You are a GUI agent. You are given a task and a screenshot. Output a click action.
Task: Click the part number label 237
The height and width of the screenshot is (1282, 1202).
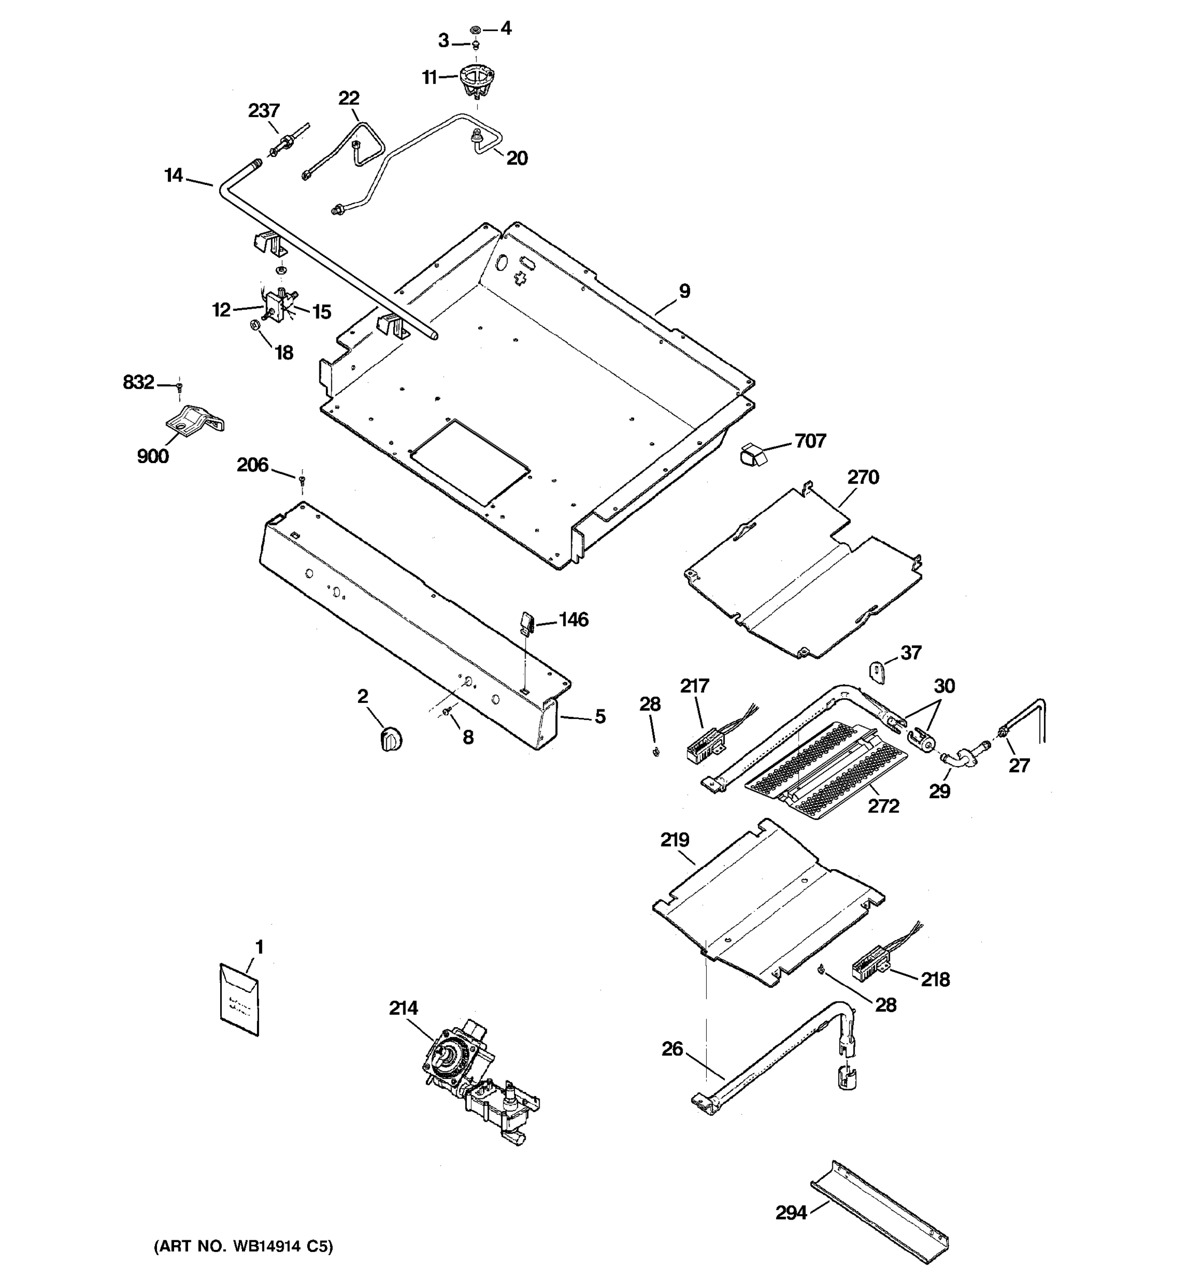[264, 111]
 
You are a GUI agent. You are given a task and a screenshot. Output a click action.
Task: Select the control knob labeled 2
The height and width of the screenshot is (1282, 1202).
[390, 738]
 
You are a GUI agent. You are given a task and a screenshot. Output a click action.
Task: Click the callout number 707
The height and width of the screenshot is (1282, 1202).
[810, 441]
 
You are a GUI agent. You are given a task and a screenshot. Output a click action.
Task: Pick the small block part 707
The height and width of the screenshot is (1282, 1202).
[752, 454]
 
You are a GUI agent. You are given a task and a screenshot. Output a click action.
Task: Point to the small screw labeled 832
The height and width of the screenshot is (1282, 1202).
[180, 387]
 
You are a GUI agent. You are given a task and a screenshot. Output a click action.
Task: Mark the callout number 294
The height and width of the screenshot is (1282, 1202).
[791, 1214]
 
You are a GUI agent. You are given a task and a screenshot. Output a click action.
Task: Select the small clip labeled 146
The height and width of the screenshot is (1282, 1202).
[526, 623]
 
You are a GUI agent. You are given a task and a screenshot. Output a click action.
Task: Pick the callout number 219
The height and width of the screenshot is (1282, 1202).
[675, 840]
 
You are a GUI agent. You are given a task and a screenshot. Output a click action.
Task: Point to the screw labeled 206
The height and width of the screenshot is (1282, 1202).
[301, 479]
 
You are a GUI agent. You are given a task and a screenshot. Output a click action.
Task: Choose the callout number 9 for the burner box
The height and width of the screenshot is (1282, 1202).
[684, 292]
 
